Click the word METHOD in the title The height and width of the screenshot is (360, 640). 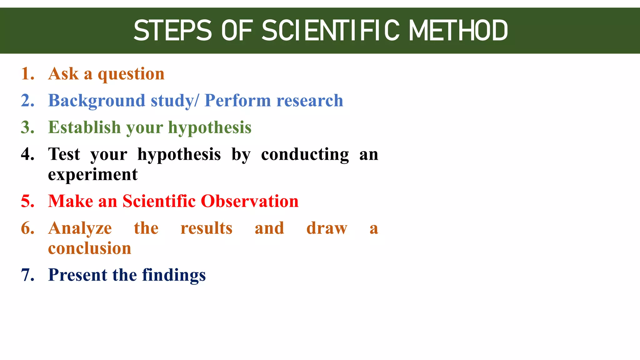click(x=458, y=30)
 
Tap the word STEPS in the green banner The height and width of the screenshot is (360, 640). click(x=172, y=30)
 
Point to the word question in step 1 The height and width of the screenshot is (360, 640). click(x=131, y=75)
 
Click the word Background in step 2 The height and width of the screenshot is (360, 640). click(x=97, y=101)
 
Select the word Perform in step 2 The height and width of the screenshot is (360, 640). click(x=237, y=101)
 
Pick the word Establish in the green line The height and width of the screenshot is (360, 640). click(x=84, y=127)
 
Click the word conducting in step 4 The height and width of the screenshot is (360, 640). click(x=305, y=155)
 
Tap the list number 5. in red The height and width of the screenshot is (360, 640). click(x=27, y=201)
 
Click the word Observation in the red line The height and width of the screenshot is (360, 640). click(x=249, y=201)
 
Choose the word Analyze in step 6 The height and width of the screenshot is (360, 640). click(x=80, y=228)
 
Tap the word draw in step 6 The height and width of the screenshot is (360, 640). click(x=327, y=228)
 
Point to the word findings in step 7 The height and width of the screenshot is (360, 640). click(x=174, y=276)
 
